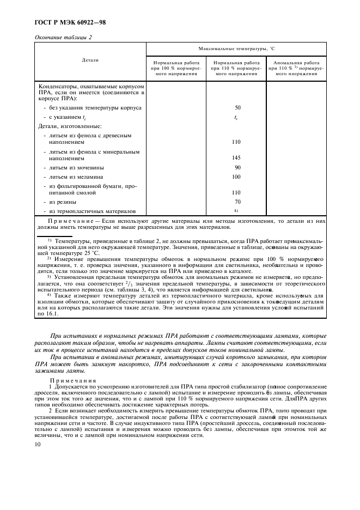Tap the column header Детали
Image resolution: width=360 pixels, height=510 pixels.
(90, 60)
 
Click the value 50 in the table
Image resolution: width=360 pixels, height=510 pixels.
(237, 108)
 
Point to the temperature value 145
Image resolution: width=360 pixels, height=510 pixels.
(236, 157)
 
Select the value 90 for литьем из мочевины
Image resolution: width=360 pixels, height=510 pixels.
(237, 167)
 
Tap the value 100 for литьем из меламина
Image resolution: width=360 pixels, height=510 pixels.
(236, 177)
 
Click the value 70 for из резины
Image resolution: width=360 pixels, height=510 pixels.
(237, 202)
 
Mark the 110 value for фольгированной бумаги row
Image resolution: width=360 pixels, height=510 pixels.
(236, 192)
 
